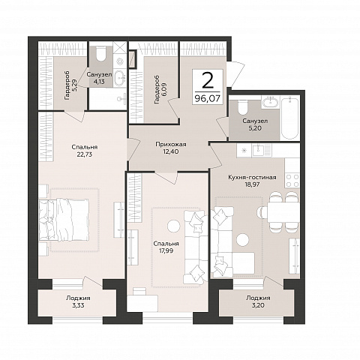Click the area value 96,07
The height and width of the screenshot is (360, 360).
pos(208,99)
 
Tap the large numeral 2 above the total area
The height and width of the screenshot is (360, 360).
pos(208,79)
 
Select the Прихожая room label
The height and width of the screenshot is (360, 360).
pos(171,145)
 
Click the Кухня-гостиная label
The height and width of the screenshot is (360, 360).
pos(252,177)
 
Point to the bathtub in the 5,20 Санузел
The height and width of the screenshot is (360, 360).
pos(289,118)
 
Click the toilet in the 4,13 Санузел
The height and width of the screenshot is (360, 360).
pos(101,53)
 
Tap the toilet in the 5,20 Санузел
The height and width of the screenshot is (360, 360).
pos(242,107)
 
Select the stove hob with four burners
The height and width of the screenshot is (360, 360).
pos(292,181)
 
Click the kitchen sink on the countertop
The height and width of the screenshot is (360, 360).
pos(257,151)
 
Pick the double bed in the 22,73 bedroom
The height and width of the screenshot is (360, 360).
pos(64,220)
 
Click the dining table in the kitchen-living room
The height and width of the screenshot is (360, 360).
pos(283,213)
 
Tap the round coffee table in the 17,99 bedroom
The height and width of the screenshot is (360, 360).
pos(173,226)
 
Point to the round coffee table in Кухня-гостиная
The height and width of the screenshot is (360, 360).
pos(242,239)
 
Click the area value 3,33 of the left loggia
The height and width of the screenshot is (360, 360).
pos(78,305)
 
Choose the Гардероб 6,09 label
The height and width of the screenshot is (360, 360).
pos(160,89)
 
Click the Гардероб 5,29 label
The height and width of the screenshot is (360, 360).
pos(70,86)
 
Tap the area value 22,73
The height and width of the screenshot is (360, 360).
pos(85,154)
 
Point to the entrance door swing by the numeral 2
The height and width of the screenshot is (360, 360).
pos(235,73)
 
